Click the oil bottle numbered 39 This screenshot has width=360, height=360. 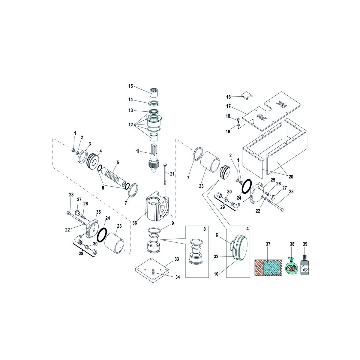click(304, 266)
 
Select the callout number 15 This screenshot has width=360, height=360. click(130, 86)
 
